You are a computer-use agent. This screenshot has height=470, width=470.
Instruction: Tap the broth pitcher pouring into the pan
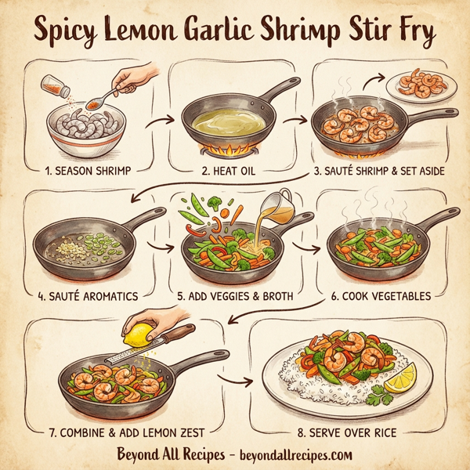click(x=277, y=204)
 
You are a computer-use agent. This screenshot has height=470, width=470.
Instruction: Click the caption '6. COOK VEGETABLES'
click(x=382, y=296)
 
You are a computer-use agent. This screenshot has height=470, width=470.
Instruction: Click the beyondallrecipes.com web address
click(x=295, y=454)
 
